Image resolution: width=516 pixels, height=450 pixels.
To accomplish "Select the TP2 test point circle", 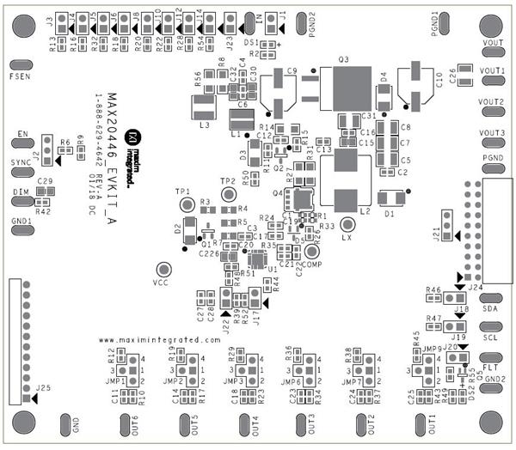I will pos(228,195).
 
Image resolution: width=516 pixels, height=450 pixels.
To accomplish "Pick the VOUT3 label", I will pos(491,133).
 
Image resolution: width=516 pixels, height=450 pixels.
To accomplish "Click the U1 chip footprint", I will pos(255,260).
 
